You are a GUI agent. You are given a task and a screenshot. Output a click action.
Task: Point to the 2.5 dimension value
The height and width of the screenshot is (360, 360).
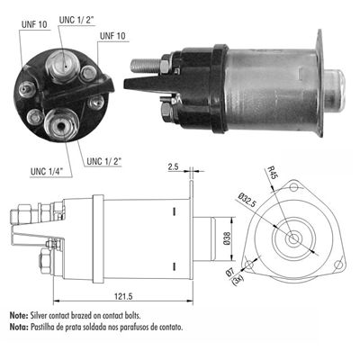[173, 166]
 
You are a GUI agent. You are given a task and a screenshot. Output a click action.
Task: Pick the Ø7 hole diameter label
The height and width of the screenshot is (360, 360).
[232, 273]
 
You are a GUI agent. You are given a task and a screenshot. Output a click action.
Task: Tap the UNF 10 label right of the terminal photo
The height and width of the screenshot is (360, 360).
[113, 35]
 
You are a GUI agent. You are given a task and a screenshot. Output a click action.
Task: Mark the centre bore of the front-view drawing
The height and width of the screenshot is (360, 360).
[295, 238]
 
